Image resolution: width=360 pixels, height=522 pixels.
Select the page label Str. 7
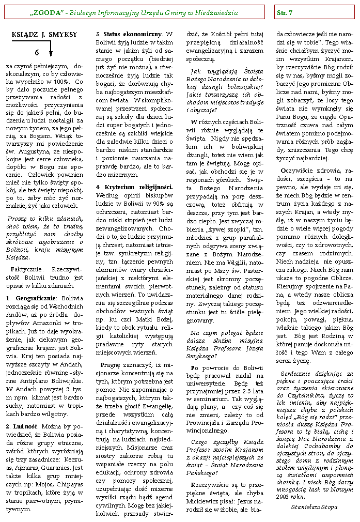click(x=285, y=12)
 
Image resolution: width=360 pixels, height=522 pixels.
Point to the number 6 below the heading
click(x=37, y=52)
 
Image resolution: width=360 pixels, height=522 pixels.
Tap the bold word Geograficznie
click(x=33, y=298)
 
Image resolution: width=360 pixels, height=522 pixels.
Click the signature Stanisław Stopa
click(x=314, y=507)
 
